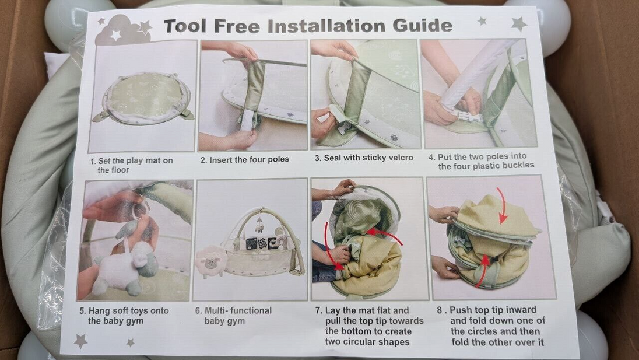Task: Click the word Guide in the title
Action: coord(423,25)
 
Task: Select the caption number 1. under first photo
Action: coord(93,162)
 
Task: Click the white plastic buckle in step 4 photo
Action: coord(468,117)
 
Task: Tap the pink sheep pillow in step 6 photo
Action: coord(210,261)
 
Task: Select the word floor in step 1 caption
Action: coord(120,170)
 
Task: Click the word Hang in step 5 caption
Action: coord(99,311)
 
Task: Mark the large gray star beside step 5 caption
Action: coord(80,341)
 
